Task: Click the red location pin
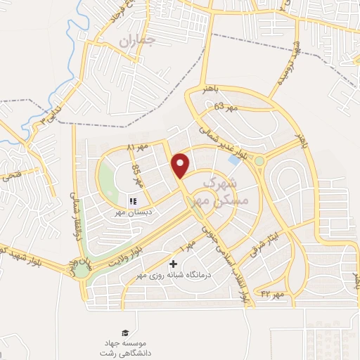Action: (x=181, y=165)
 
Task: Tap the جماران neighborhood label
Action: (x=136, y=41)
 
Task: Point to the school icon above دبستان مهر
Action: (x=132, y=201)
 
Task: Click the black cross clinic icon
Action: (x=174, y=264)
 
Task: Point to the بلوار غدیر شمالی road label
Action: (x=221, y=141)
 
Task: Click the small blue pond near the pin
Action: (x=233, y=160)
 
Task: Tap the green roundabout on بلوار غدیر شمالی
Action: (x=259, y=161)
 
